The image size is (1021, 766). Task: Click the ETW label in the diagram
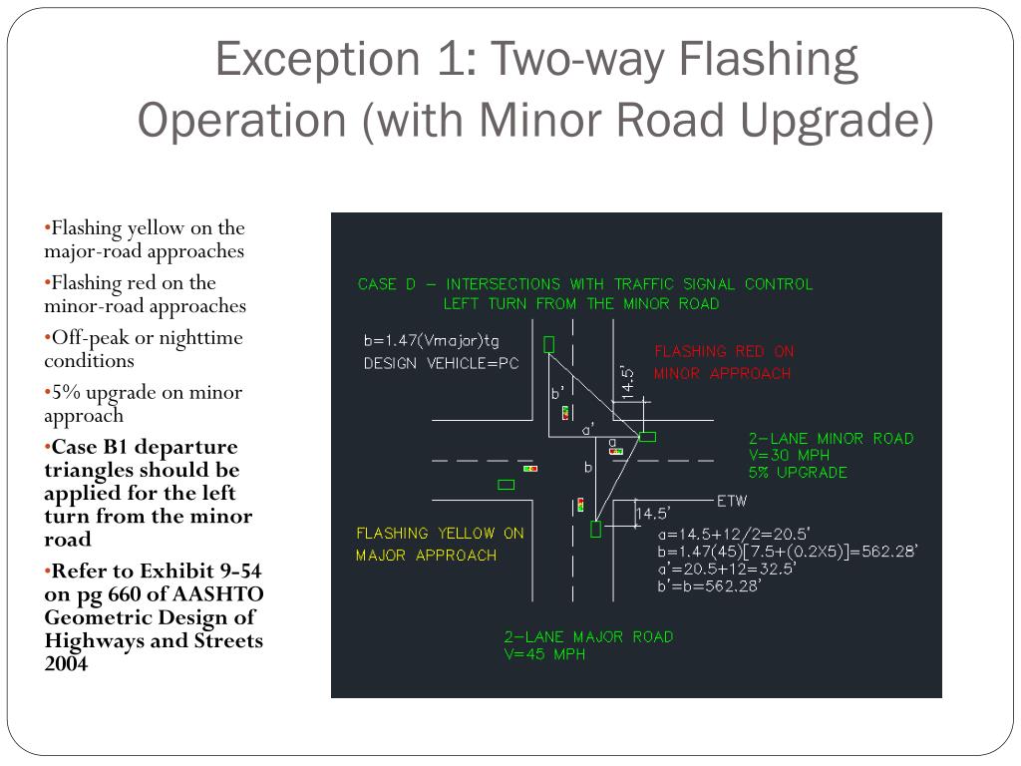[x=732, y=500]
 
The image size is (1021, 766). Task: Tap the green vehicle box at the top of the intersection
[x=549, y=344]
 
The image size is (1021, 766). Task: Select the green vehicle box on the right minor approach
[x=647, y=436]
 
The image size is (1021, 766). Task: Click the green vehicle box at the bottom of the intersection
[x=596, y=529]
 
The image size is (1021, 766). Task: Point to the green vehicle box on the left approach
[x=507, y=485]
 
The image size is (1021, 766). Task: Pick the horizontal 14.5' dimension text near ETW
[x=652, y=514]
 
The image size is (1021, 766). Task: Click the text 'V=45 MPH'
[x=544, y=655]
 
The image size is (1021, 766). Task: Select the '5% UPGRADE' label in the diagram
[x=798, y=472]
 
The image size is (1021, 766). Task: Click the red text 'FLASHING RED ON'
[x=724, y=351]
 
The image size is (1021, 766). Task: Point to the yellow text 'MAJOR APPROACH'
[x=426, y=555]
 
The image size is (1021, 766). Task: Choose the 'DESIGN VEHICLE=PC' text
[x=442, y=363]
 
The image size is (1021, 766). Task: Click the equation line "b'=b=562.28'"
[x=709, y=585]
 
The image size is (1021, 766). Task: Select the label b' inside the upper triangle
[x=557, y=393]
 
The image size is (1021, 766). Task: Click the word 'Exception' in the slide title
[x=305, y=60]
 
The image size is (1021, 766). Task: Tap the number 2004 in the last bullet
[x=66, y=662]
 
